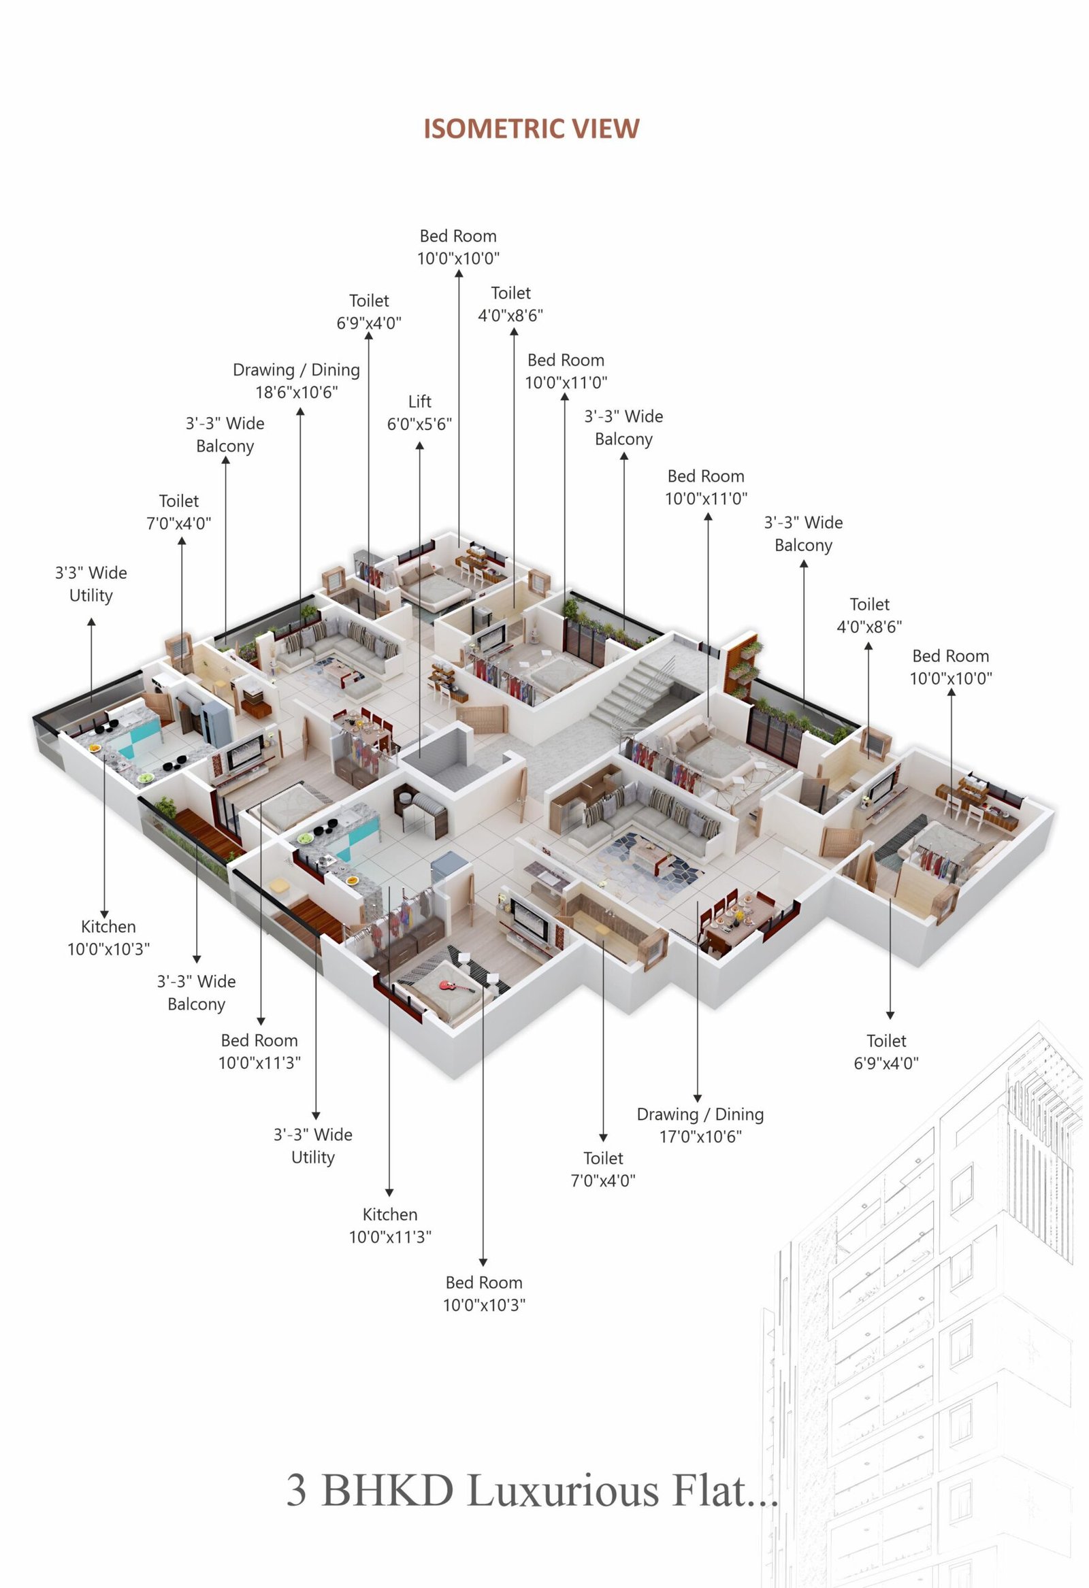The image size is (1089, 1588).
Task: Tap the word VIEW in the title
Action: pos(606,129)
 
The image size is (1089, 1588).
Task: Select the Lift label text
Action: pos(420,401)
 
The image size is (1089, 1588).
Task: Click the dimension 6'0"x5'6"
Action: pos(420,424)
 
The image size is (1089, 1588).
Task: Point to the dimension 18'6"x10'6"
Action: pos(297,392)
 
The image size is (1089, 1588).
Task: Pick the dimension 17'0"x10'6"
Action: pos(700,1136)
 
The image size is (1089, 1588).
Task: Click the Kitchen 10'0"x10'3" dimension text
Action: pos(108,948)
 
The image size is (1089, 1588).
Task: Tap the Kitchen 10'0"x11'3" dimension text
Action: pos(391,1236)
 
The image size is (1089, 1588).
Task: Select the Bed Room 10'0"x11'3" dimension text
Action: pos(260,1063)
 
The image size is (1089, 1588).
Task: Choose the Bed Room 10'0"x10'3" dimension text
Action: pos(484,1304)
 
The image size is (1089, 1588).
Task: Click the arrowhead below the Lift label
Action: pos(420,446)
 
